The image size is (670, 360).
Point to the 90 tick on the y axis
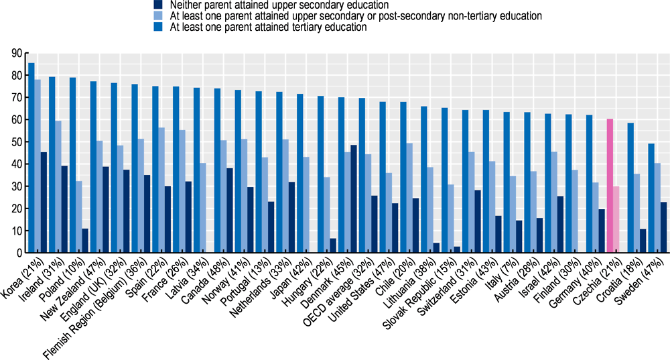[17, 53]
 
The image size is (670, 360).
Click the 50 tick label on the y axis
[17, 142]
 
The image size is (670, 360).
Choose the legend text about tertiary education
[260, 27]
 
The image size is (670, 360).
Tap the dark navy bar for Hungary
[332, 245]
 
